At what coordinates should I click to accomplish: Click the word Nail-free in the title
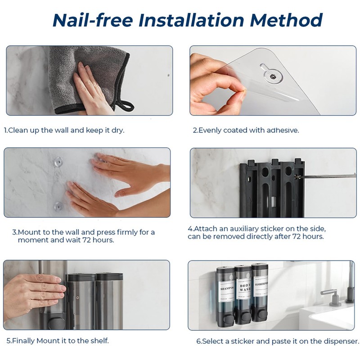pos(93,20)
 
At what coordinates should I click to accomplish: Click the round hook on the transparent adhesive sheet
pos(272,75)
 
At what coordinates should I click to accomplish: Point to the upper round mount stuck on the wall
pos(58,162)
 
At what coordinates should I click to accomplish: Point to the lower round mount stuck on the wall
pos(58,207)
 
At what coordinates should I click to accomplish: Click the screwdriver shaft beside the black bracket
pos(327,176)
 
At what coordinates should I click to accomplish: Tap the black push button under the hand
pos(56,323)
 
